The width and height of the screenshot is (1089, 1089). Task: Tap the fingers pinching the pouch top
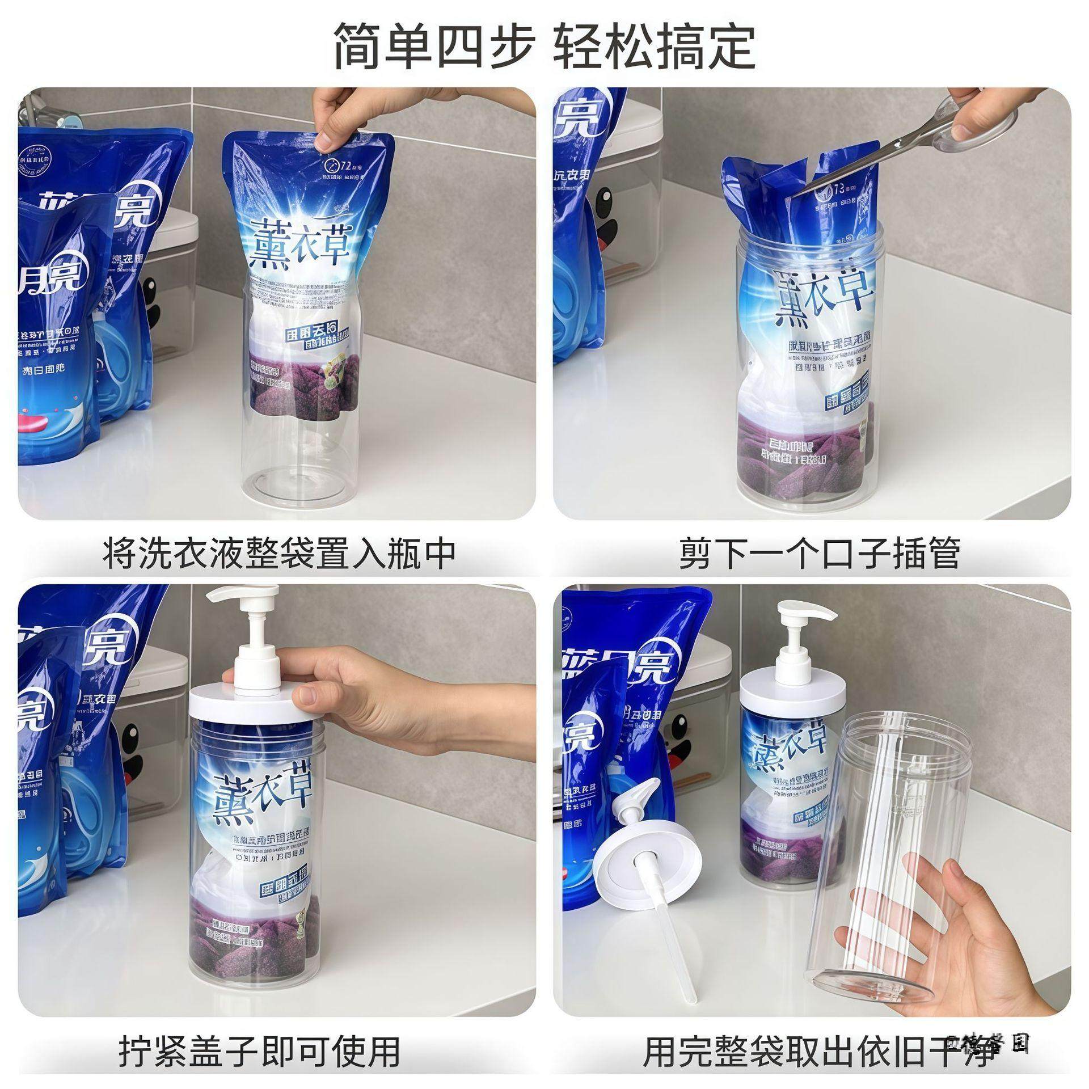[335, 128]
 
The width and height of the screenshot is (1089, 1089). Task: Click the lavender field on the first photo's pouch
[301, 386]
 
